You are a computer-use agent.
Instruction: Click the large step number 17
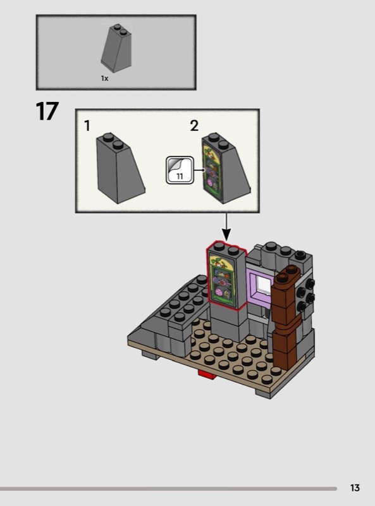[x=47, y=111]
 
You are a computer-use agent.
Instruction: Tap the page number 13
[x=355, y=488]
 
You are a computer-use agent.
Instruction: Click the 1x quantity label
[x=104, y=78]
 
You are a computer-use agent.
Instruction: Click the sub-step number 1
[x=87, y=125]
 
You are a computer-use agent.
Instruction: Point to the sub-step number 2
[x=194, y=125]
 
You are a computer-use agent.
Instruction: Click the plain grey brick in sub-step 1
[x=120, y=168]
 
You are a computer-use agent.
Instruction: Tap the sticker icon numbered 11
[x=180, y=170]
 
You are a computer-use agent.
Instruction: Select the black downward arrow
[x=226, y=227]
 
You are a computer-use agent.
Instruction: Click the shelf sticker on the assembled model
[x=223, y=279]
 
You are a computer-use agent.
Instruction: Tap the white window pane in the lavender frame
[x=264, y=287]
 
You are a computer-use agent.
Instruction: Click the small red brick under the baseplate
[x=207, y=374]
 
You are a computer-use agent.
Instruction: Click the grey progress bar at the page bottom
[x=168, y=489]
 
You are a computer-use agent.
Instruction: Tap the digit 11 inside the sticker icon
[x=180, y=176]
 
